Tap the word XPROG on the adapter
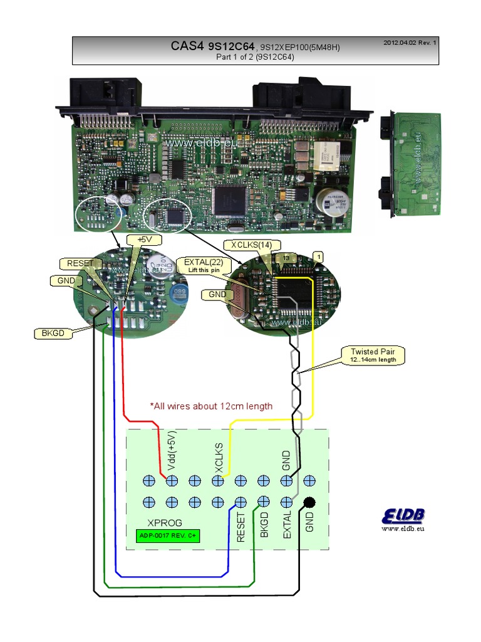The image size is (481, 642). [x=165, y=522]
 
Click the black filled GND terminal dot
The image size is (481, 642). [x=309, y=502]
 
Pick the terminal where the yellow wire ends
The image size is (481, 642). [x=217, y=481]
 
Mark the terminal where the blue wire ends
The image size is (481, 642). [x=240, y=502]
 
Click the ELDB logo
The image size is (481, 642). [x=403, y=517]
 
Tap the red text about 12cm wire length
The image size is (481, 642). [x=211, y=406]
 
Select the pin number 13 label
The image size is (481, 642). [x=285, y=257]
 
